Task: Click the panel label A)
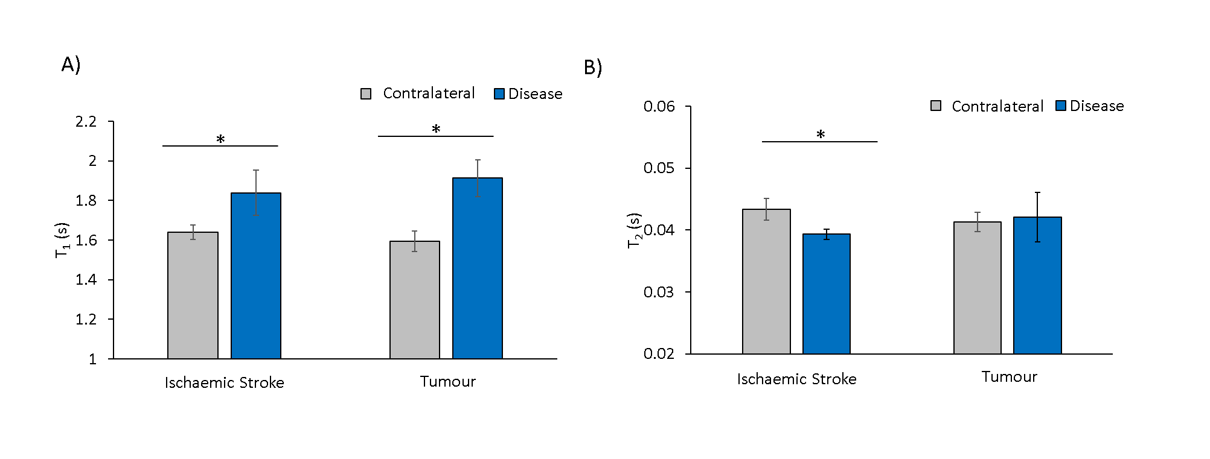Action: tap(71, 64)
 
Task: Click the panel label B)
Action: tap(592, 67)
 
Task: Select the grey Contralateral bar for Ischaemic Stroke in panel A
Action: tap(193, 296)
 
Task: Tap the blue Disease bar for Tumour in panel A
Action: tap(477, 268)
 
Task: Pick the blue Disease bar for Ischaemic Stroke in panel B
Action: tap(826, 294)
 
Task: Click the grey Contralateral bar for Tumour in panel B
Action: tap(977, 288)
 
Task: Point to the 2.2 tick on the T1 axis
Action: tap(86, 122)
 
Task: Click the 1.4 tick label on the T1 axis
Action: tap(86, 279)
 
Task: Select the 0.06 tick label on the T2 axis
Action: tap(659, 107)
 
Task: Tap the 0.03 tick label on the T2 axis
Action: tap(659, 292)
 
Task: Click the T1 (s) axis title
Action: tap(62, 240)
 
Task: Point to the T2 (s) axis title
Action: tap(634, 230)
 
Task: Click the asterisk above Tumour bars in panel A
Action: tap(436, 129)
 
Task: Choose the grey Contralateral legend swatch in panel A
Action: tap(366, 94)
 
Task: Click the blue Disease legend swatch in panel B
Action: tap(1061, 106)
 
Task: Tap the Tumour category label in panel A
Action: tap(447, 381)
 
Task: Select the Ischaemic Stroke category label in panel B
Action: tap(796, 379)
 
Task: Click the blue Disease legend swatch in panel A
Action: tap(499, 94)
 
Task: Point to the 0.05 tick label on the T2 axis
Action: tap(659, 168)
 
